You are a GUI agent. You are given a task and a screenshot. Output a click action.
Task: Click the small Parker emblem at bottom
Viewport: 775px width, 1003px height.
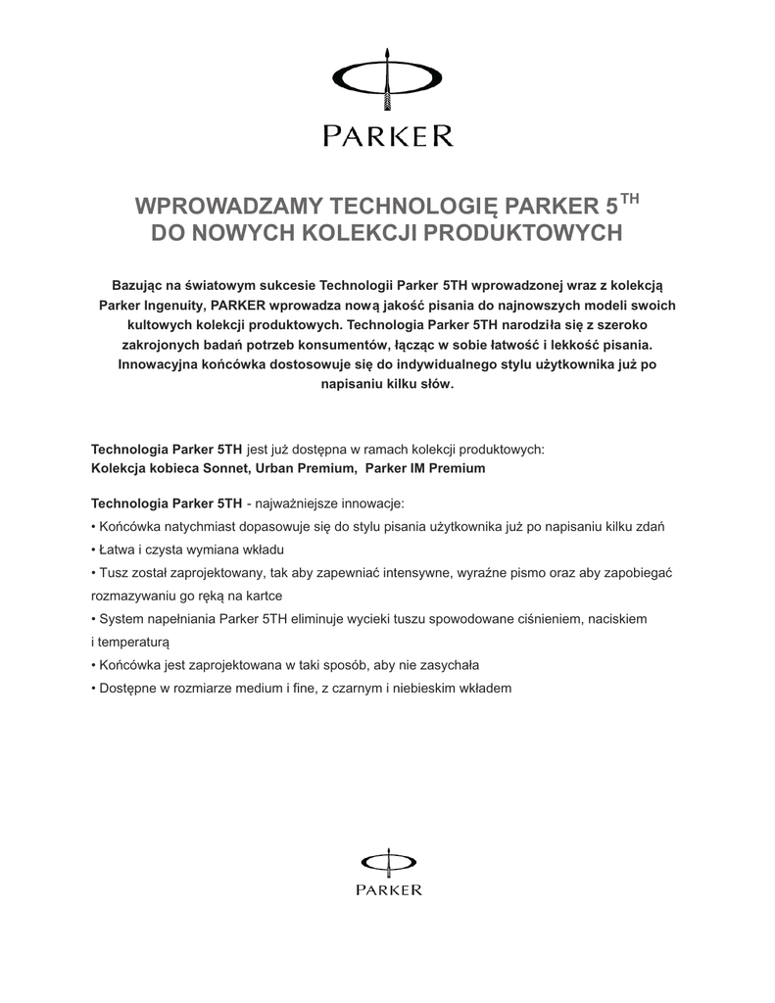click(x=388, y=860)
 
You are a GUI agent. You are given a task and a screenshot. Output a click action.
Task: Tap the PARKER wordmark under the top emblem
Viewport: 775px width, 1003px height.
click(x=388, y=134)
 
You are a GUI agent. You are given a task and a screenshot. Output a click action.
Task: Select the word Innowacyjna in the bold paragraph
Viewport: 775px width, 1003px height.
click(x=160, y=364)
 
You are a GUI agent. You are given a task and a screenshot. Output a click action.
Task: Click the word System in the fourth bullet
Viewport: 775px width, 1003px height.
click(x=121, y=619)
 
